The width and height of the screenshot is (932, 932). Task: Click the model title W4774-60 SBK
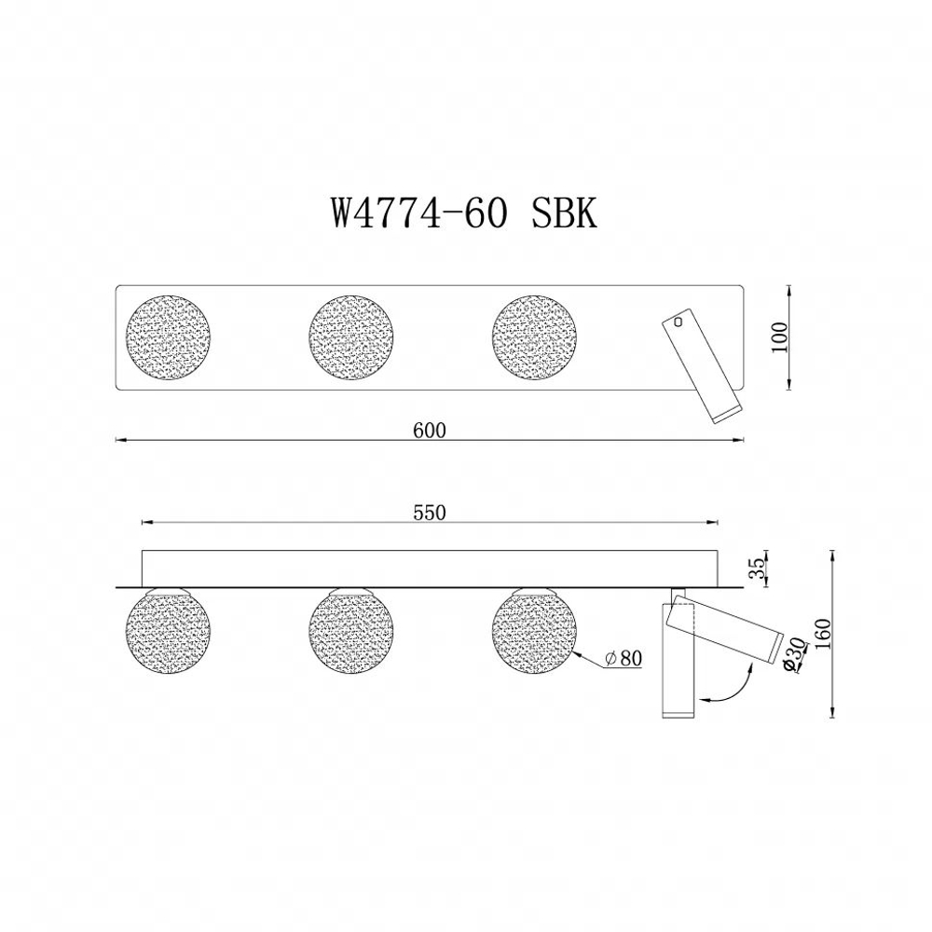462,214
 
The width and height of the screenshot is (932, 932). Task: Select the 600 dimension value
429,430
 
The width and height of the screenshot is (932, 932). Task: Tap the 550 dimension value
429,513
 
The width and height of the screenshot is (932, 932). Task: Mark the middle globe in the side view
351,631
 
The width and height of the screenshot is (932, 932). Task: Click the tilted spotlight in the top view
702,368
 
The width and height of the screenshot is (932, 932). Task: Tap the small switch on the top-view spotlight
678,322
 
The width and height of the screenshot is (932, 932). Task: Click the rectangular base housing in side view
429,569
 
